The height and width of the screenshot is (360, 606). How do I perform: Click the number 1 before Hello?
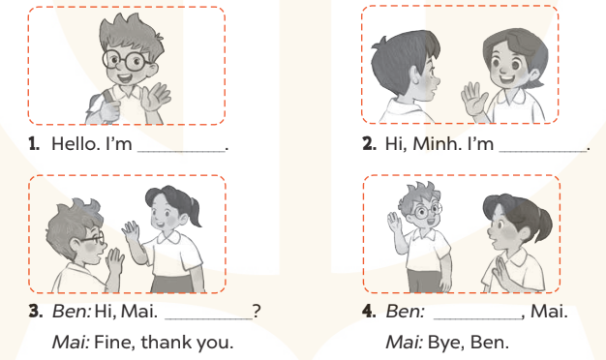[x=34, y=143]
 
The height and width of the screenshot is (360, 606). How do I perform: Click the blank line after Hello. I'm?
[x=182, y=151]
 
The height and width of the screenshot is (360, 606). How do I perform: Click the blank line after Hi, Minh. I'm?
[x=543, y=151]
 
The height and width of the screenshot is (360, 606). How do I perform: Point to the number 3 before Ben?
[x=36, y=312]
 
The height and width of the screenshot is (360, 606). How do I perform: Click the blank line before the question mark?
[x=209, y=318]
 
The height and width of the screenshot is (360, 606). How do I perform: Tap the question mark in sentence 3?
[x=257, y=311]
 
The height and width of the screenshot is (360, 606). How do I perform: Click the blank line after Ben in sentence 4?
[x=477, y=318]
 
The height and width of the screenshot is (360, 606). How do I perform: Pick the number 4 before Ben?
[x=369, y=312]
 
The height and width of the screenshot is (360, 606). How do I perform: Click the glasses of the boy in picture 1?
[x=126, y=61]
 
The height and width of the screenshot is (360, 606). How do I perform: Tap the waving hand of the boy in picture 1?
[x=155, y=97]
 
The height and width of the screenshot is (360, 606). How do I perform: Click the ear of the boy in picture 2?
[x=415, y=75]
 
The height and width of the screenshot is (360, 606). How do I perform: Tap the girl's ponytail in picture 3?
[x=196, y=212]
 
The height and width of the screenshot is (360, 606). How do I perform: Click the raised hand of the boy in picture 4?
[x=394, y=223]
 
